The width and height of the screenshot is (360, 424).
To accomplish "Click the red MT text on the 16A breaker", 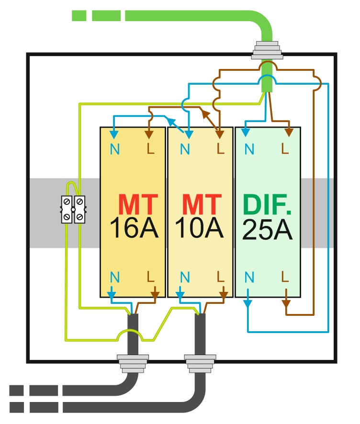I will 136,205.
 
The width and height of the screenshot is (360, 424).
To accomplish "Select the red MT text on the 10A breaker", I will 202,205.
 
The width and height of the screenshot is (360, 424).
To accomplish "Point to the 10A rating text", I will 200,230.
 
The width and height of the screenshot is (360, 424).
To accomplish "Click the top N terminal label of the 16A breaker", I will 115,149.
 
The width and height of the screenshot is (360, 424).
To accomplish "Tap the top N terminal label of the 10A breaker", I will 185,149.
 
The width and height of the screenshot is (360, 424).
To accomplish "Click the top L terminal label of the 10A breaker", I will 220,149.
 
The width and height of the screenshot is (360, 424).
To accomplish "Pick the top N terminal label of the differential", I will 249,149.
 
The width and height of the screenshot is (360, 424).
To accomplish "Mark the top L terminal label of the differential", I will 285,149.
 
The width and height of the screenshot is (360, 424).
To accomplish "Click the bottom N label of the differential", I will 249,277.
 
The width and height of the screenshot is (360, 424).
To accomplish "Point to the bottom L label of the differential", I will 285,276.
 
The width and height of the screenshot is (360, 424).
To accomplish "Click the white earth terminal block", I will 73,210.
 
